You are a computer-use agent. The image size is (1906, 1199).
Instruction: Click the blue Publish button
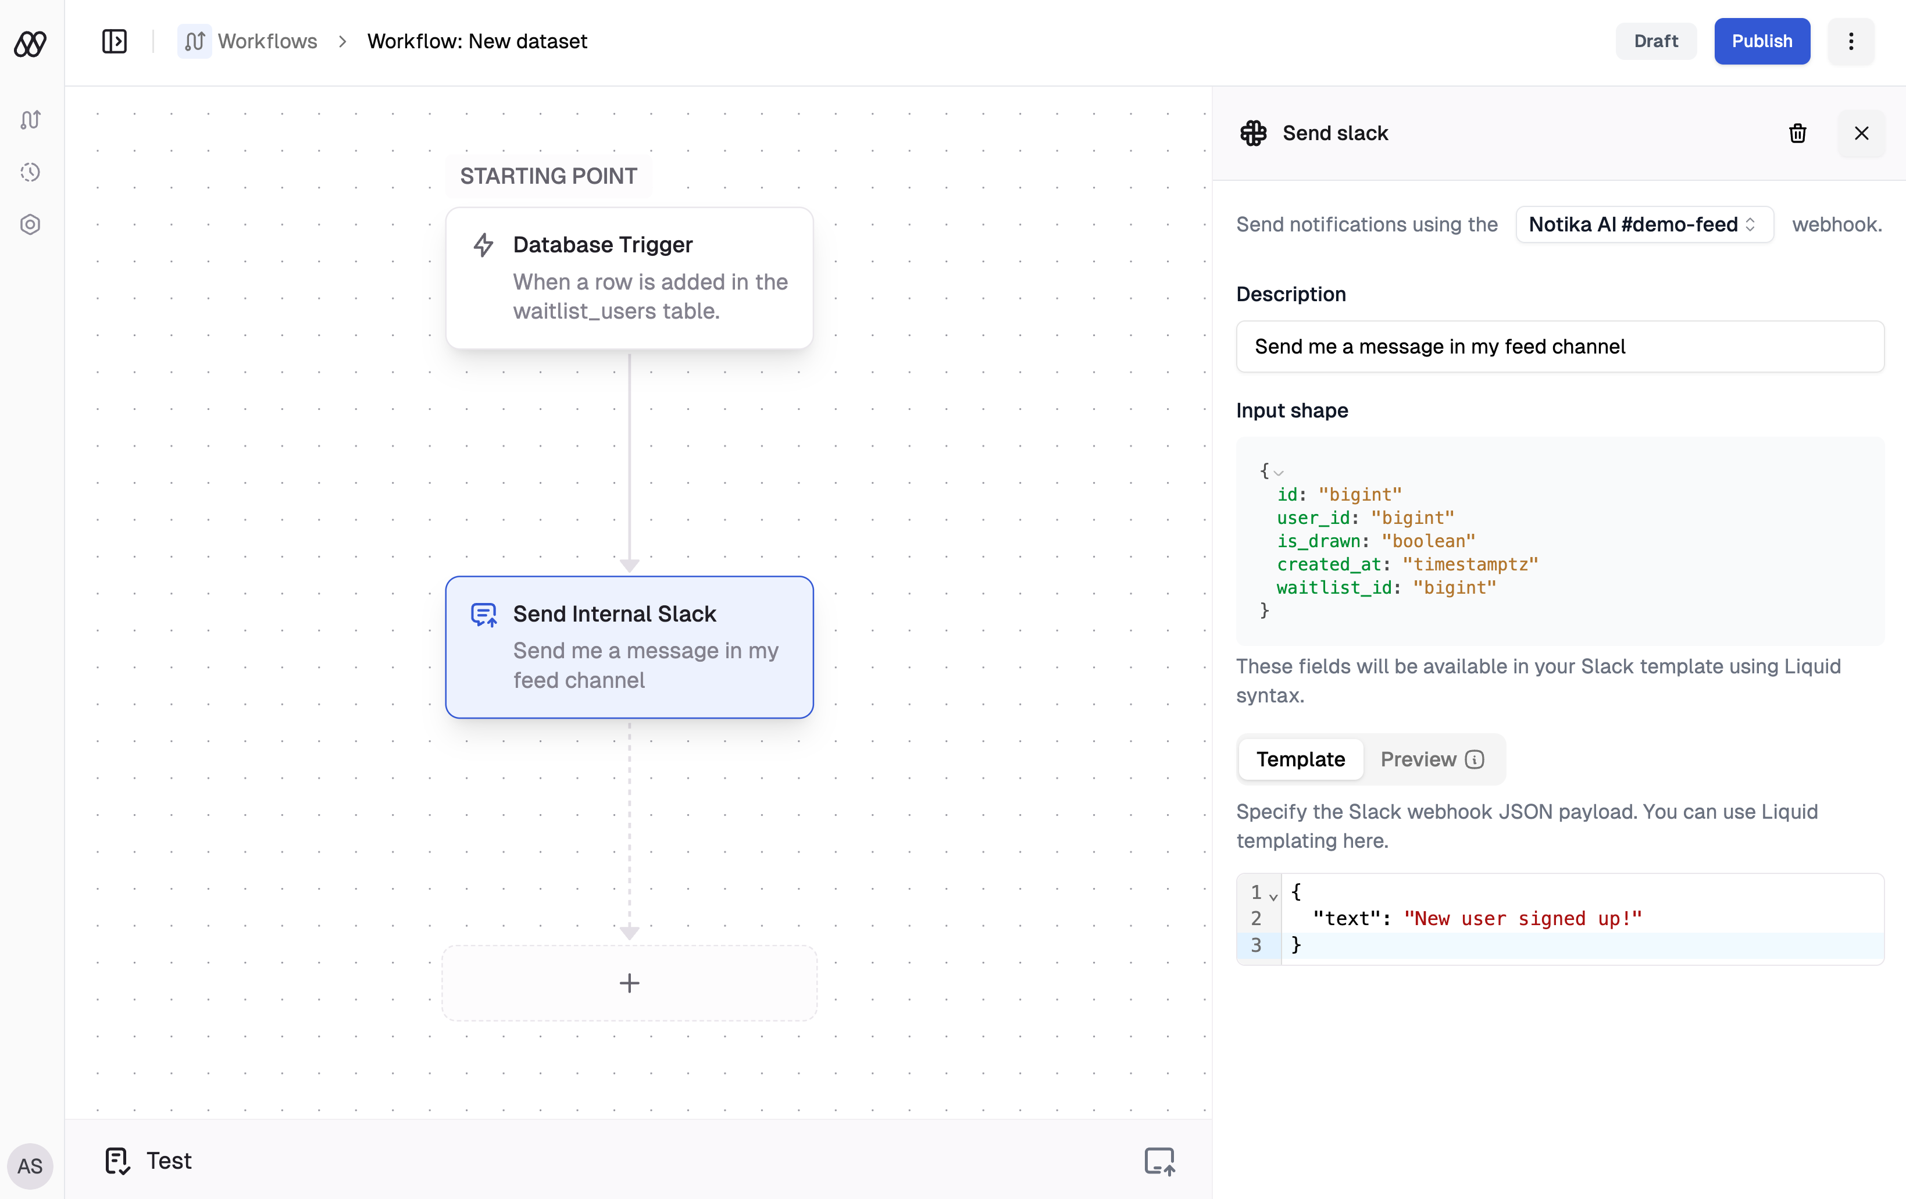(1761, 41)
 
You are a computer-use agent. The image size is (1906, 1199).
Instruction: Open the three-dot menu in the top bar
(1851, 41)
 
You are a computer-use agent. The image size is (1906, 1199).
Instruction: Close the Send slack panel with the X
(1861, 133)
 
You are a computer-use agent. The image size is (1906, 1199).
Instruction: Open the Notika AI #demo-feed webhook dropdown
(1643, 225)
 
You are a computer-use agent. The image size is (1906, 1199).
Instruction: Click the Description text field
(1559, 347)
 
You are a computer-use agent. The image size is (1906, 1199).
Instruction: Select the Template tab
(1301, 759)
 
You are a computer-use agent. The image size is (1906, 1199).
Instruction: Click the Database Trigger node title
(602, 245)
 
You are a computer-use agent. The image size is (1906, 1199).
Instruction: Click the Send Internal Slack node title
(614, 614)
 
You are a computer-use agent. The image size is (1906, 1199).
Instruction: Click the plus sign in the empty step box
(629, 983)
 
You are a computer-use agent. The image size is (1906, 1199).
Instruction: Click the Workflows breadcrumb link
(267, 41)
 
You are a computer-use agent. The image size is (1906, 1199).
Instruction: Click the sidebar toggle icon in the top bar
(114, 41)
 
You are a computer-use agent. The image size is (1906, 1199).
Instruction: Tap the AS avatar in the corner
(30, 1166)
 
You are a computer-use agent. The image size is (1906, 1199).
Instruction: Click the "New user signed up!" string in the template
(1522, 918)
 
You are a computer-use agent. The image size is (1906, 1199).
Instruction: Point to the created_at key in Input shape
(1328, 564)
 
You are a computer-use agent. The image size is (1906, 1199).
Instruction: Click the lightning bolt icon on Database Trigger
(483, 245)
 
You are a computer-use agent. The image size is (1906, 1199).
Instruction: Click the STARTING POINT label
(548, 176)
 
